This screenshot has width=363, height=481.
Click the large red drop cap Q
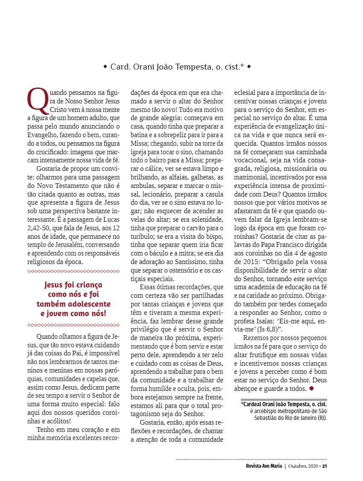click(36, 99)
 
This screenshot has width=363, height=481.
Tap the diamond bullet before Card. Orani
click(105, 67)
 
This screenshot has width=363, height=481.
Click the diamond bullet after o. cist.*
click(249, 67)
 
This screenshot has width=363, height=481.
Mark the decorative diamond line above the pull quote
click(73, 271)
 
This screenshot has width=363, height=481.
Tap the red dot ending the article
click(311, 388)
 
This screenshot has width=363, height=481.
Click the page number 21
click(325, 466)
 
